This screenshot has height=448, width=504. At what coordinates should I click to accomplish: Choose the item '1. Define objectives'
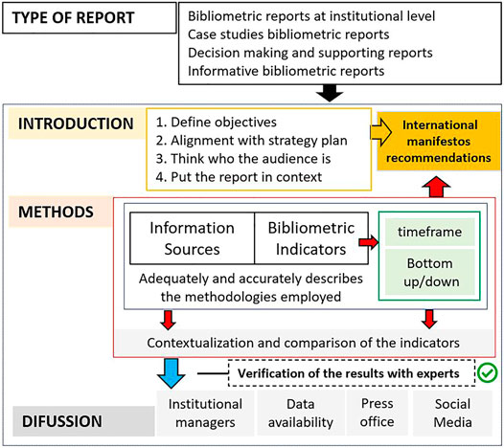[226, 123]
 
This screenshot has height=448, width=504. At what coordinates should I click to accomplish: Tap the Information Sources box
[192, 238]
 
